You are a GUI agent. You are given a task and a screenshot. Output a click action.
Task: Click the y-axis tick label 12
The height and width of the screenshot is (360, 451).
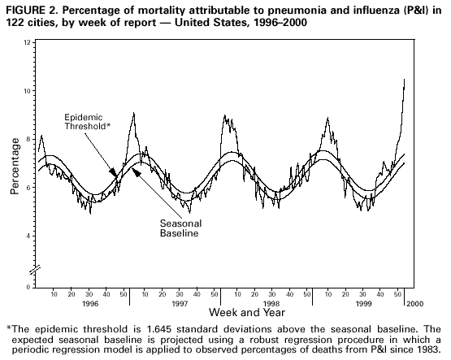[28, 42]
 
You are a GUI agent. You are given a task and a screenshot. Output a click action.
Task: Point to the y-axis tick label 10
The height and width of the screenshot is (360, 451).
[28, 91]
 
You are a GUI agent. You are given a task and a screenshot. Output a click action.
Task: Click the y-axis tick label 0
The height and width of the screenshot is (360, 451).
[29, 287]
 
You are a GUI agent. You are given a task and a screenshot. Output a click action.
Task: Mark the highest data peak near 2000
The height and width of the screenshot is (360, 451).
[404, 80]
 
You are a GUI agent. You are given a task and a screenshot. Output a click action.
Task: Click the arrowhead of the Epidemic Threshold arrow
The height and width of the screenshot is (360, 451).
[115, 172]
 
